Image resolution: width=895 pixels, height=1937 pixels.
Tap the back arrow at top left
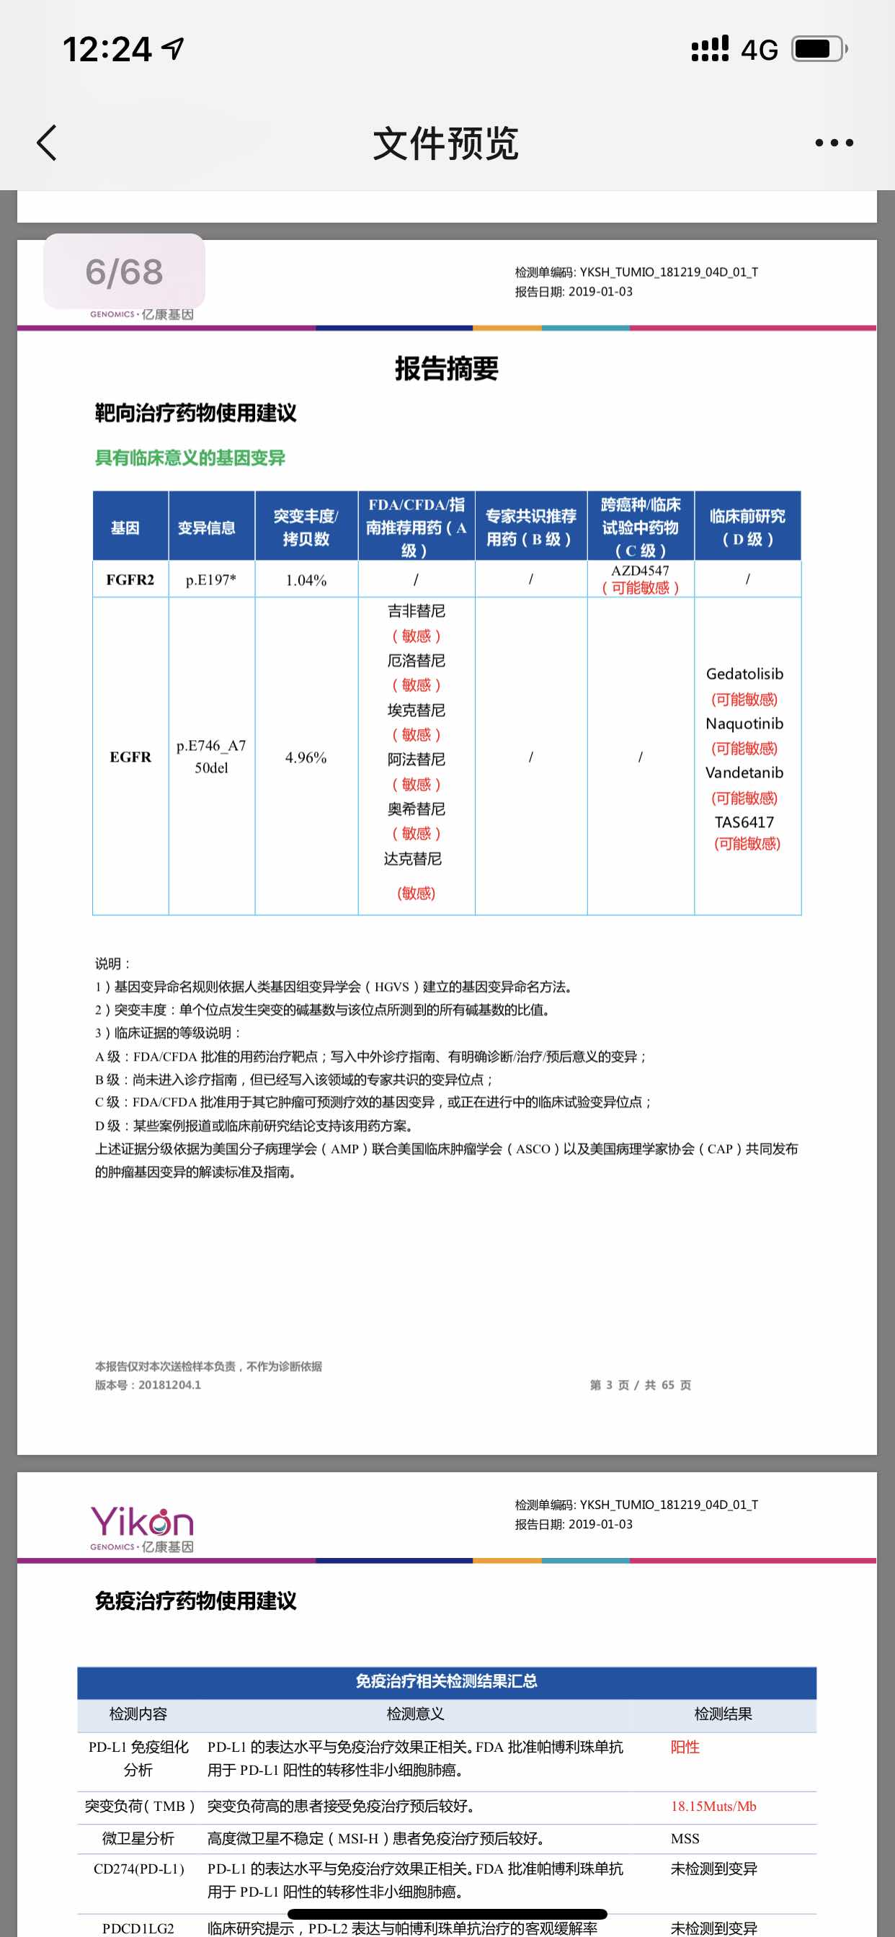tap(47, 143)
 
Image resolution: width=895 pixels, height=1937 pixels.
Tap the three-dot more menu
tap(834, 143)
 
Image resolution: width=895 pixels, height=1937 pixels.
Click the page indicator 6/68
tap(124, 272)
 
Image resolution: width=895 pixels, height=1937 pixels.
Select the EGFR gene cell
tap(130, 757)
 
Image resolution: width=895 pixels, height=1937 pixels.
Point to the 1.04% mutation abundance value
tap(306, 581)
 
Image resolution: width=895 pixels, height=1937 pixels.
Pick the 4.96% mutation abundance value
tap(306, 757)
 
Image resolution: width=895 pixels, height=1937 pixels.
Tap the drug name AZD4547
tap(640, 571)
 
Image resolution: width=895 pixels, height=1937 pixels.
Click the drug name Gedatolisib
tap(744, 674)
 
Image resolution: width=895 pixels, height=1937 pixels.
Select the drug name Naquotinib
tap(744, 723)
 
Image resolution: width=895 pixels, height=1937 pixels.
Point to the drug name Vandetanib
tap(744, 772)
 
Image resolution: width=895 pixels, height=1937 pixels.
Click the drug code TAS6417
tap(744, 822)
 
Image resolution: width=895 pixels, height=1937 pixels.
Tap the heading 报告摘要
tap(447, 368)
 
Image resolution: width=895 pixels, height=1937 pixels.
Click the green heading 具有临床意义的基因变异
tap(190, 457)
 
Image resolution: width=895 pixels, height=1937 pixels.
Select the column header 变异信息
tap(207, 528)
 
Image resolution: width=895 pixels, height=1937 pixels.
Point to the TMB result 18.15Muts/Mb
tap(713, 1806)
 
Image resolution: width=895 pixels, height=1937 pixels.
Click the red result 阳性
tap(685, 1747)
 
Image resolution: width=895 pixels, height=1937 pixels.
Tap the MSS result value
tap(685, 1838)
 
